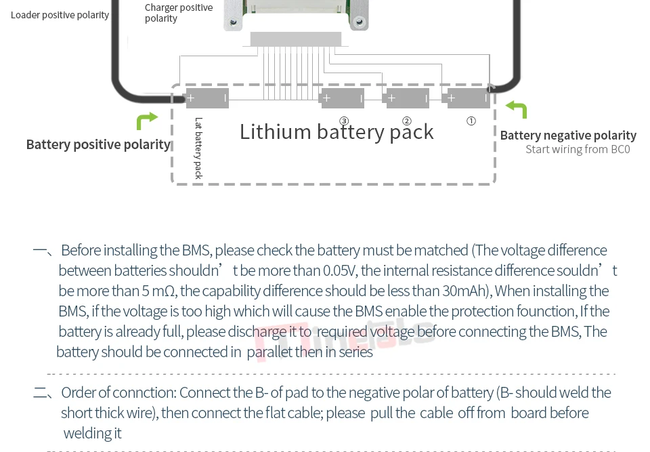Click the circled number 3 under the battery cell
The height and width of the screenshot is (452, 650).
pyautogui.click(x=344, y=121)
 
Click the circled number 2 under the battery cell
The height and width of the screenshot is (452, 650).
pyautogui.click(x=407, y=121)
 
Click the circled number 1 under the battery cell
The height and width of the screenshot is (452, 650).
pyautogui.click(x=471, y=121)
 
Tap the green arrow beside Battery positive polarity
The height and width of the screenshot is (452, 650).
pyautogui.click(x=146, y=121)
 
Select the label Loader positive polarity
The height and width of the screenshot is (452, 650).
pyautogui.click(x=60, y=15)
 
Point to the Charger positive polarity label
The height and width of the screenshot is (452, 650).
pyautogui.click(x=179, y=13)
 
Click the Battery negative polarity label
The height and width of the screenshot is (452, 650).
pyautogui.click(x=568, y=136)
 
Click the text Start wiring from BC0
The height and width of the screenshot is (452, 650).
pyautogui.click(x=578, y=149)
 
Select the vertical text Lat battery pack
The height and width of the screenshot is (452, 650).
pyautogui.click(x=198, y=148)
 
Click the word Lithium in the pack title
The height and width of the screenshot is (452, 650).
pyautogui.click(x=275, y=131)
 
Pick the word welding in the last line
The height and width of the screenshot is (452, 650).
pyautogui.click(x=85, y=433)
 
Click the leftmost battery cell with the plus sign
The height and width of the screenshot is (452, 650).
pyautogui.click(x=207, y=98)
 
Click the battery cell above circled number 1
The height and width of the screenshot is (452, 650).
pyautogui.click(x=469, y=98)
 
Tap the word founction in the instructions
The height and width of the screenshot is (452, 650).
pyautogui.click(x=542, y=311)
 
